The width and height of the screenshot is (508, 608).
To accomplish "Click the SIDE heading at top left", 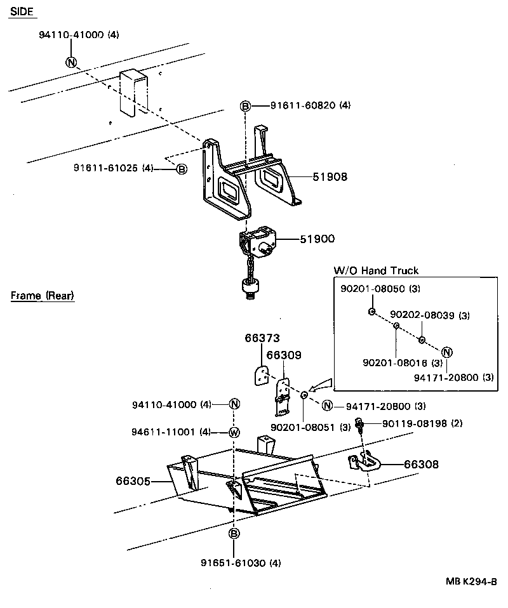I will tap(22, 12).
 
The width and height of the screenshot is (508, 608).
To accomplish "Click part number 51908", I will tap(330, 177).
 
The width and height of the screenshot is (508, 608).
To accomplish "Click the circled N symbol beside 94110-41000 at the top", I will tap(70, 62).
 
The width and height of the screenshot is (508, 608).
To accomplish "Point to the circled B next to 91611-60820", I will tap(246, 106).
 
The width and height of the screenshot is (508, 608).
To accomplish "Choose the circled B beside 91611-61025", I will tap(181, 169).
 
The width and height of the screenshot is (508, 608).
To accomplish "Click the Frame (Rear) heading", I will tap(43, 296).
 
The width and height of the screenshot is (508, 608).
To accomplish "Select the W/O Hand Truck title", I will tap(376, 271).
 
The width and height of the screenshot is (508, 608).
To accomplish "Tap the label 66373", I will tap(262, 338).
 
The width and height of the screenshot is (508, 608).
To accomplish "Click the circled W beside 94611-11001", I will tap(234, 433).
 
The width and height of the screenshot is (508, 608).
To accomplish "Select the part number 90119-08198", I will tap(413, 423).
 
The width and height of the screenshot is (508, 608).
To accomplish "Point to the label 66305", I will tap(133, 482).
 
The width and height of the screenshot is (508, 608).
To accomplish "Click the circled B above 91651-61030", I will tap(234, 534).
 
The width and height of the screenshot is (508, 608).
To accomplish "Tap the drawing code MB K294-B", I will tap(470, 581).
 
